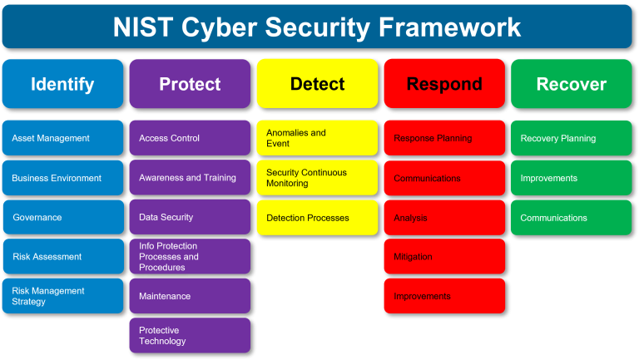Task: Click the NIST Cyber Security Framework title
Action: coord(317,27)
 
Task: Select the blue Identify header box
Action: coord(62,84)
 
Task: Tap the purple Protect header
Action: coord(190,84)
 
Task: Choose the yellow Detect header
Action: coord(317,84)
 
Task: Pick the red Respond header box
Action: coord(444,84)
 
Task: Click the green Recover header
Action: coord(572,84)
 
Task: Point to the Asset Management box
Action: coord(62,138)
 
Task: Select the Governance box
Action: coord(62,217)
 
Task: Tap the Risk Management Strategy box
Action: coord(62,296)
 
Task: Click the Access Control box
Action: coord(190,138)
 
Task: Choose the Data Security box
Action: coord(190,217)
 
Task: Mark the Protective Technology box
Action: coord(190,335)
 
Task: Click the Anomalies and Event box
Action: coord(317,138)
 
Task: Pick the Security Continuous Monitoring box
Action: coord(317,178)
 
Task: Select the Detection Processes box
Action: coord(317,218)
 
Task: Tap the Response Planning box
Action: coord(444,138)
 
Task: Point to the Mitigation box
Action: coord(444,257)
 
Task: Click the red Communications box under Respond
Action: coord(444,178)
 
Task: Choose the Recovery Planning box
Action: coord(572,138)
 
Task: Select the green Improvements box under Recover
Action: coord(572,178)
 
